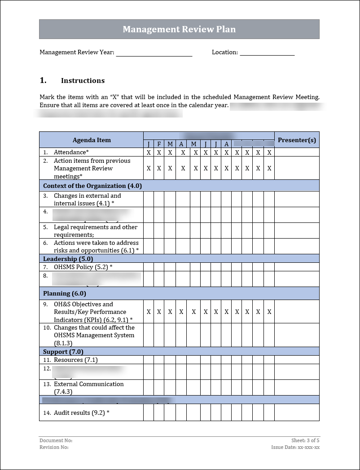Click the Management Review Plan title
(x=179, y=29)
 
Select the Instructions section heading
(x=83, y=81)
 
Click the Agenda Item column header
(x=92, y=140)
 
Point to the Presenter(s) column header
(x=297, y=140)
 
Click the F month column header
(x=159, y=144)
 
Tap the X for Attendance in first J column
(x=149, y=152)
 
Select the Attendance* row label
(x=71, y=152)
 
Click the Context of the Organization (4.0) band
(x=92, y=186)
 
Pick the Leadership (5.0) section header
(x=68, y=259)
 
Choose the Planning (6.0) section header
(x=65, y=293)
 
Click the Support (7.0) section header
(x=63, y=352)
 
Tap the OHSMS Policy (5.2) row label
(x=83, y=267)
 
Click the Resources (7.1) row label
(x=75, y=360)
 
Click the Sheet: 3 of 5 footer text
(x=305, y=440)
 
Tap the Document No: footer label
(x=56, y=440)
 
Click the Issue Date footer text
(x=295, y=447)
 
